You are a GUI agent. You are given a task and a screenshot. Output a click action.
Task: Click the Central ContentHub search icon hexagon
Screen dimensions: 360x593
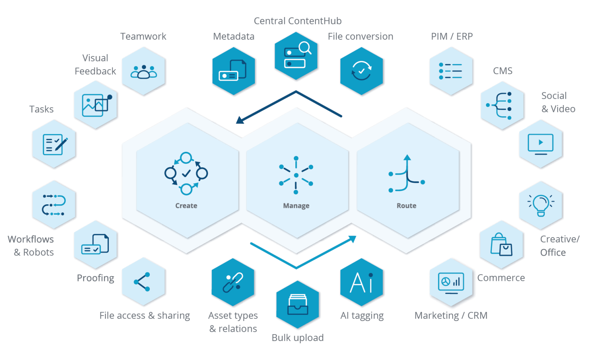coord(296,56)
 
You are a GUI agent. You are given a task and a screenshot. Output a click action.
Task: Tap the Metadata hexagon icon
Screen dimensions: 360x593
coord(234,71)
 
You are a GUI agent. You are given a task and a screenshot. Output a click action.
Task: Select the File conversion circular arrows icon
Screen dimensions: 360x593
coord(361,71)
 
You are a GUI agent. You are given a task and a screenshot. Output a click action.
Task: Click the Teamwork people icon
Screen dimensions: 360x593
coord(144,72)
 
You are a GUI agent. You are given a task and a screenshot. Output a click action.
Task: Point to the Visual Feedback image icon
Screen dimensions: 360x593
coord(96,105)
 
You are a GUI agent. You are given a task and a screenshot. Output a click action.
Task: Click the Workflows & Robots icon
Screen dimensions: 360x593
coord(54,205)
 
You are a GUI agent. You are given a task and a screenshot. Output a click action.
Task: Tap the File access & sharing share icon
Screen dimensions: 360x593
coord(142,282)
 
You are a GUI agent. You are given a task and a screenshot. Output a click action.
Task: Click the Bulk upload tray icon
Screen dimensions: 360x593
coord(298,305)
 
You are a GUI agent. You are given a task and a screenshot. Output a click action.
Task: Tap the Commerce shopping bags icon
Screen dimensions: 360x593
coord(501,245)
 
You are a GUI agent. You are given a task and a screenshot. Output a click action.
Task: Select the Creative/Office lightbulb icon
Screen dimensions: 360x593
coord(541,205)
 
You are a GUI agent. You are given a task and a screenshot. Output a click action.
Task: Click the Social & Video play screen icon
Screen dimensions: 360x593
coord(540,144)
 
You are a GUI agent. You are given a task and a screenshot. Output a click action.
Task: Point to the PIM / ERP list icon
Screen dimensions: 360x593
coord(451,71)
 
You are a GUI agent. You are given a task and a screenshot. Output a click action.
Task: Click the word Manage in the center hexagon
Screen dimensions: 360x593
coord(296,206)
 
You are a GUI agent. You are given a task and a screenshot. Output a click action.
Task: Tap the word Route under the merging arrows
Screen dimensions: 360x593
coord(407,206)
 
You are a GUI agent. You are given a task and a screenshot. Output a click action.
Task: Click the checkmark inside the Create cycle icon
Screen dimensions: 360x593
coord(186,173)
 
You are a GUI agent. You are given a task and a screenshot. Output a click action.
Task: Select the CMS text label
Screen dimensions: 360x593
coord(503,71)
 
